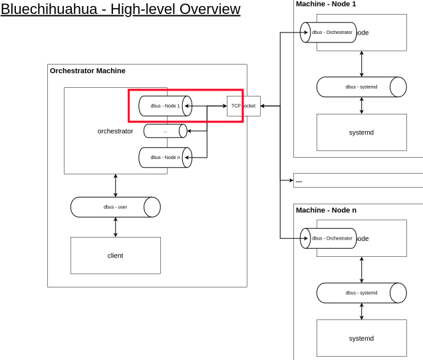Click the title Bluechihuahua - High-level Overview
coord(120,9)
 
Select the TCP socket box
coord(243,106)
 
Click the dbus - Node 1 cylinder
coord(165,106)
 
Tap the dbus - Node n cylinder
coord(165,157)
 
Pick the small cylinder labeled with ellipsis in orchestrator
coord(165,131)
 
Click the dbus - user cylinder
coord(115,207)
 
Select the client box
coord(115,256)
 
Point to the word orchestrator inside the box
coord(115,131)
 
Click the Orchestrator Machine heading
coord(88,71)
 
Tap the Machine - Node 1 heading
coord(326,4)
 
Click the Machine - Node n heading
coord(326,210)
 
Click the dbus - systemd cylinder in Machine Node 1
coord(361,87)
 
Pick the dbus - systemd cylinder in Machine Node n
coord(361,293)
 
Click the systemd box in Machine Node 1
coord(361,132)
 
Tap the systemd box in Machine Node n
coord(361,338)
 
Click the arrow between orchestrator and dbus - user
coord(116,185)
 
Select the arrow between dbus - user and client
coord(116,227)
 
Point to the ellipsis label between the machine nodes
coord(299,180)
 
